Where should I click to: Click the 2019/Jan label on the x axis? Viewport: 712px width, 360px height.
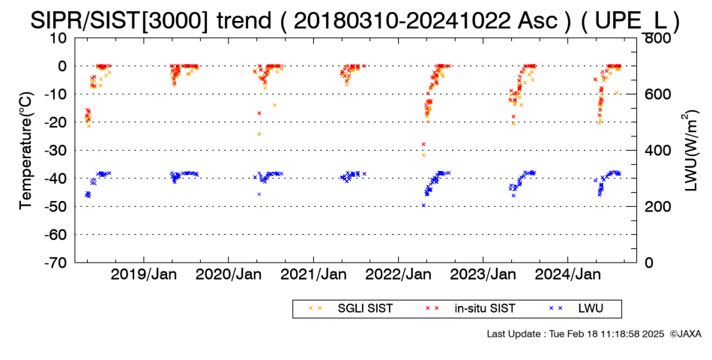[x=144, y=274]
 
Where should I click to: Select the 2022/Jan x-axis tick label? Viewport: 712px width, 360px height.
[x=398, y=274]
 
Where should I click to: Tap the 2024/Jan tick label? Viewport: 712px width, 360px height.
[x=568, y=274]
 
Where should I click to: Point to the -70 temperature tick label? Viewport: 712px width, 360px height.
[x=55, y=262]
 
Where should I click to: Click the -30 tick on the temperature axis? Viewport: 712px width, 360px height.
[x=55, y=151]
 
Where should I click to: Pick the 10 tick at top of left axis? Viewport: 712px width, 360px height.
[x=58, y=38]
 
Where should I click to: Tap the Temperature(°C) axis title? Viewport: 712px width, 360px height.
[x=27, y=151]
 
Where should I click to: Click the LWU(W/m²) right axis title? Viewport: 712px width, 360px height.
[x=690, y=151]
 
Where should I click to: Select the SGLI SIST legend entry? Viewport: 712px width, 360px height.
[x=350, y=309]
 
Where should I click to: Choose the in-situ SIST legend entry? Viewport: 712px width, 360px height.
[x=470, y=309]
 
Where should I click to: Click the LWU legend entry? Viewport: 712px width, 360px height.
[x=576, y=309]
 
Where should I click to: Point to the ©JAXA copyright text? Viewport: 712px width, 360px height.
[x=685, y=334]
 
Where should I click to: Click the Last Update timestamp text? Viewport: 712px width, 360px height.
[x=576, y=334]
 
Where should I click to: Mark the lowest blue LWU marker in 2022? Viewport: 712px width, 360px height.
[x=423, y=205]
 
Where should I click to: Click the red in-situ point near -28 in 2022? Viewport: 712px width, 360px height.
[x=423, y=144]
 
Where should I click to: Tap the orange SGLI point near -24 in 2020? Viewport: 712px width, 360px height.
[x=259, y=134]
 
